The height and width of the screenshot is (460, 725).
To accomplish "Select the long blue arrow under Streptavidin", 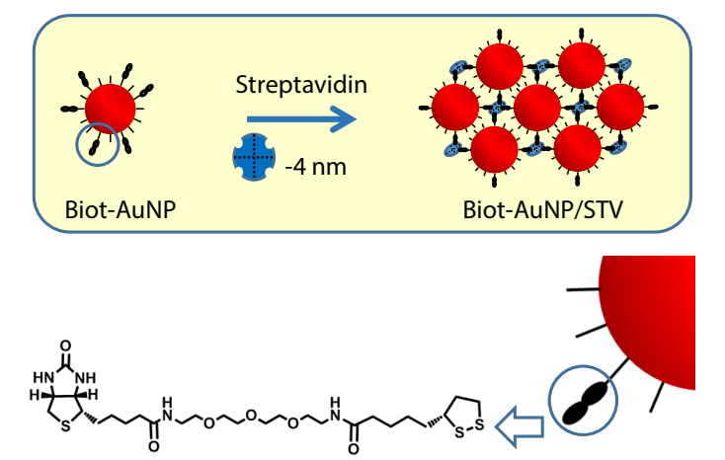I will point(296,121).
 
